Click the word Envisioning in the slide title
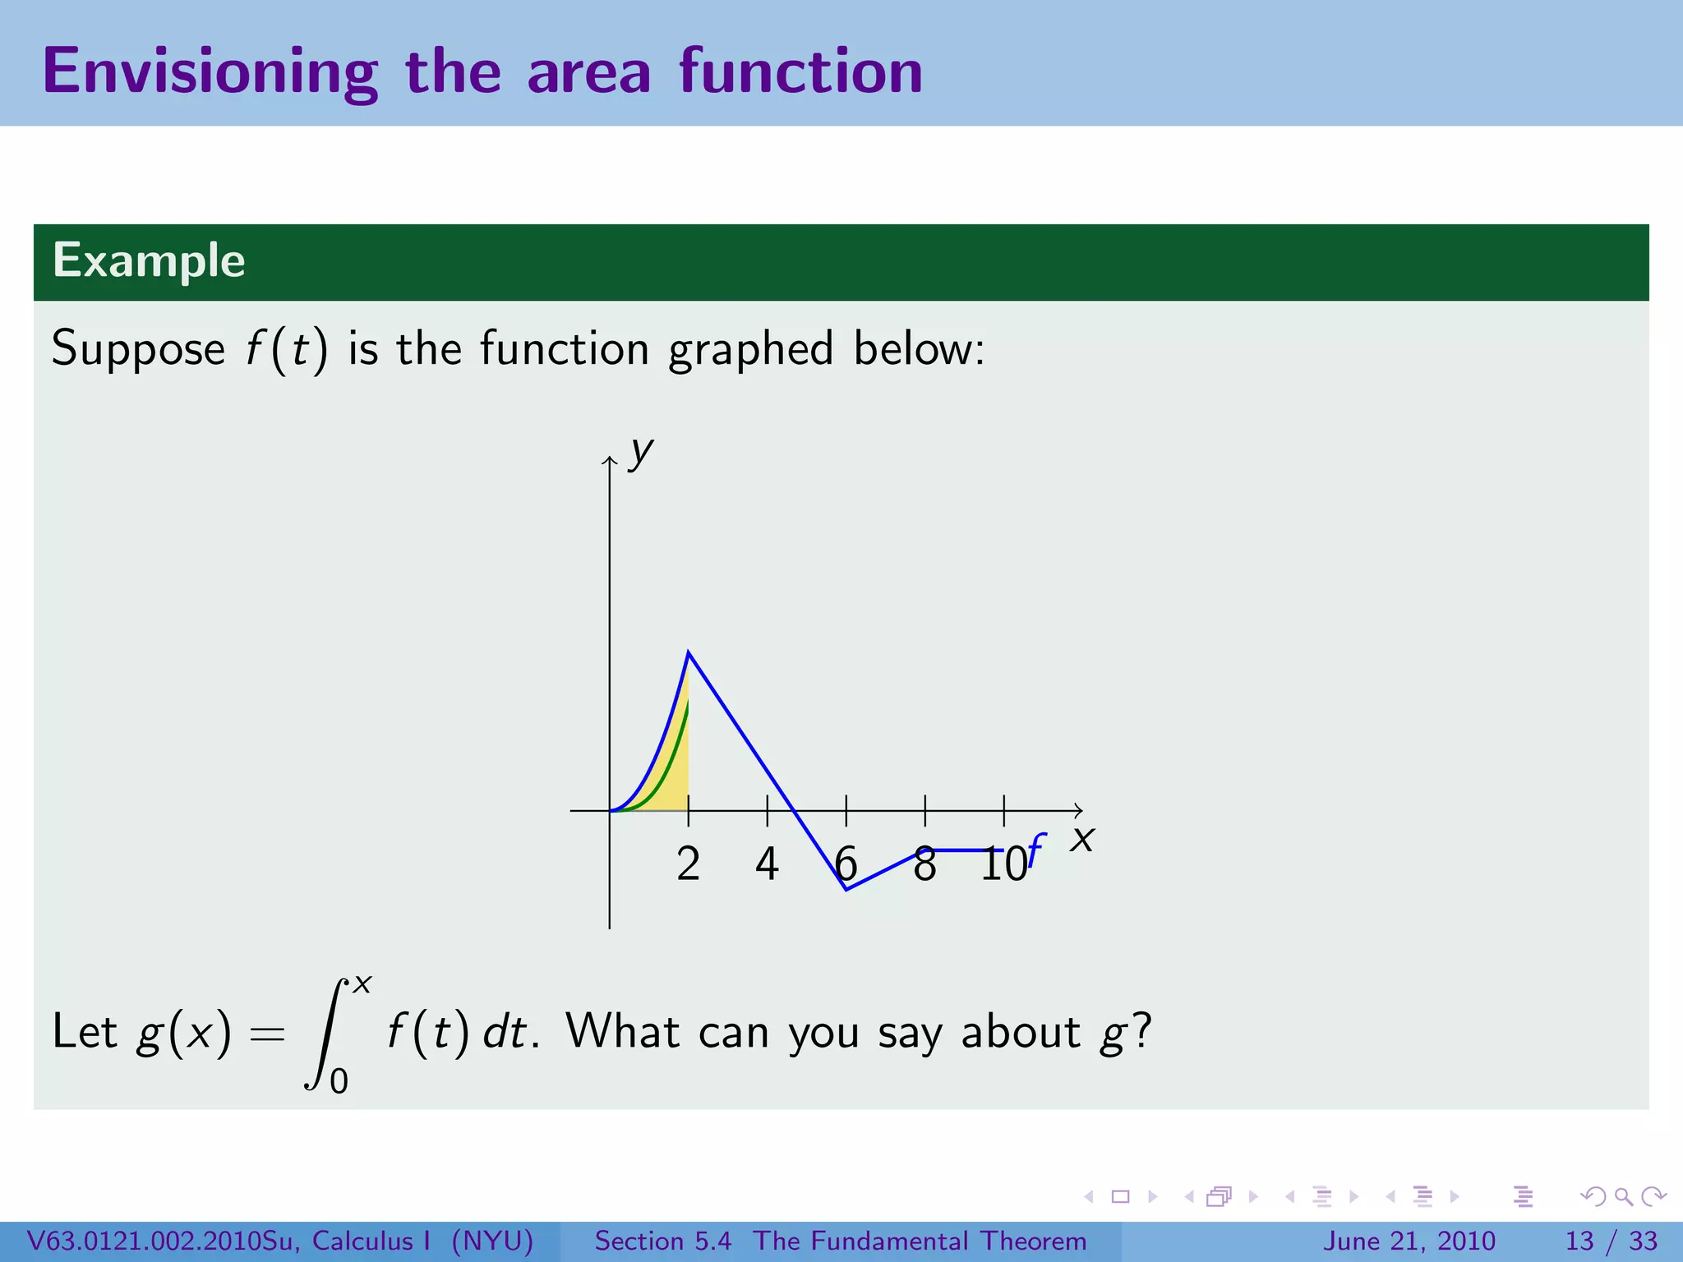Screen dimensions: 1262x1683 [210, 72]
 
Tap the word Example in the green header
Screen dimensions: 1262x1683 [149, 261]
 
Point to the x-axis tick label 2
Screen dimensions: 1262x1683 [688, 864]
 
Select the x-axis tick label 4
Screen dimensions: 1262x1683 [767, 864]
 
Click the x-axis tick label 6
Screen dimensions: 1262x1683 [846, 864]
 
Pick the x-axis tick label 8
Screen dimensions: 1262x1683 [924, 864]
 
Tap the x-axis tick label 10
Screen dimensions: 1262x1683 [1003, 864]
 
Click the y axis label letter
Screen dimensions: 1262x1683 [640, 452]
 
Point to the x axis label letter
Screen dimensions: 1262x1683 [1082, 840]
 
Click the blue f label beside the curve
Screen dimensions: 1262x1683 [1036, 850]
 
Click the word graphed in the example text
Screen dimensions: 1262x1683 [750, 349]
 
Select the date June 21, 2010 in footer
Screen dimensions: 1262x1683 [1409, 1241]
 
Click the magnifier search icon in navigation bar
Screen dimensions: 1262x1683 [1623, 1196]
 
